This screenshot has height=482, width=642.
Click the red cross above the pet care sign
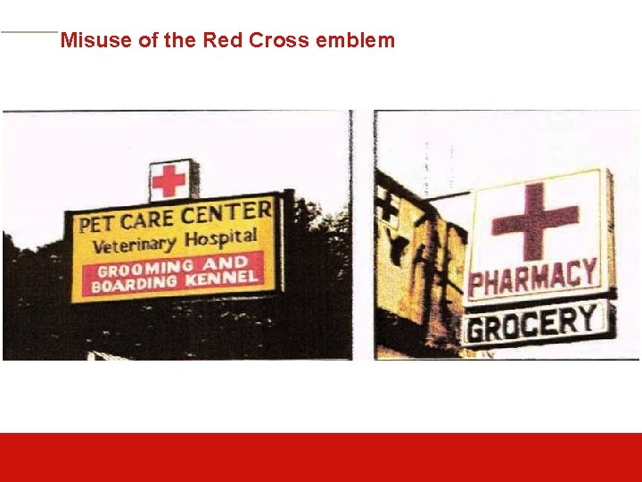point(169,180)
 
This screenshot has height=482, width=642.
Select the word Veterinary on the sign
point(135,245)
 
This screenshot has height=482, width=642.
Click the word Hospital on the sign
point(219,239)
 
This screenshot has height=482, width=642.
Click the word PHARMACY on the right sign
point(532,278)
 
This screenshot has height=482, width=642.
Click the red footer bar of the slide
point(321,457)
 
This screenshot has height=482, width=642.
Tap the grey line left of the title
point(29,32)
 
